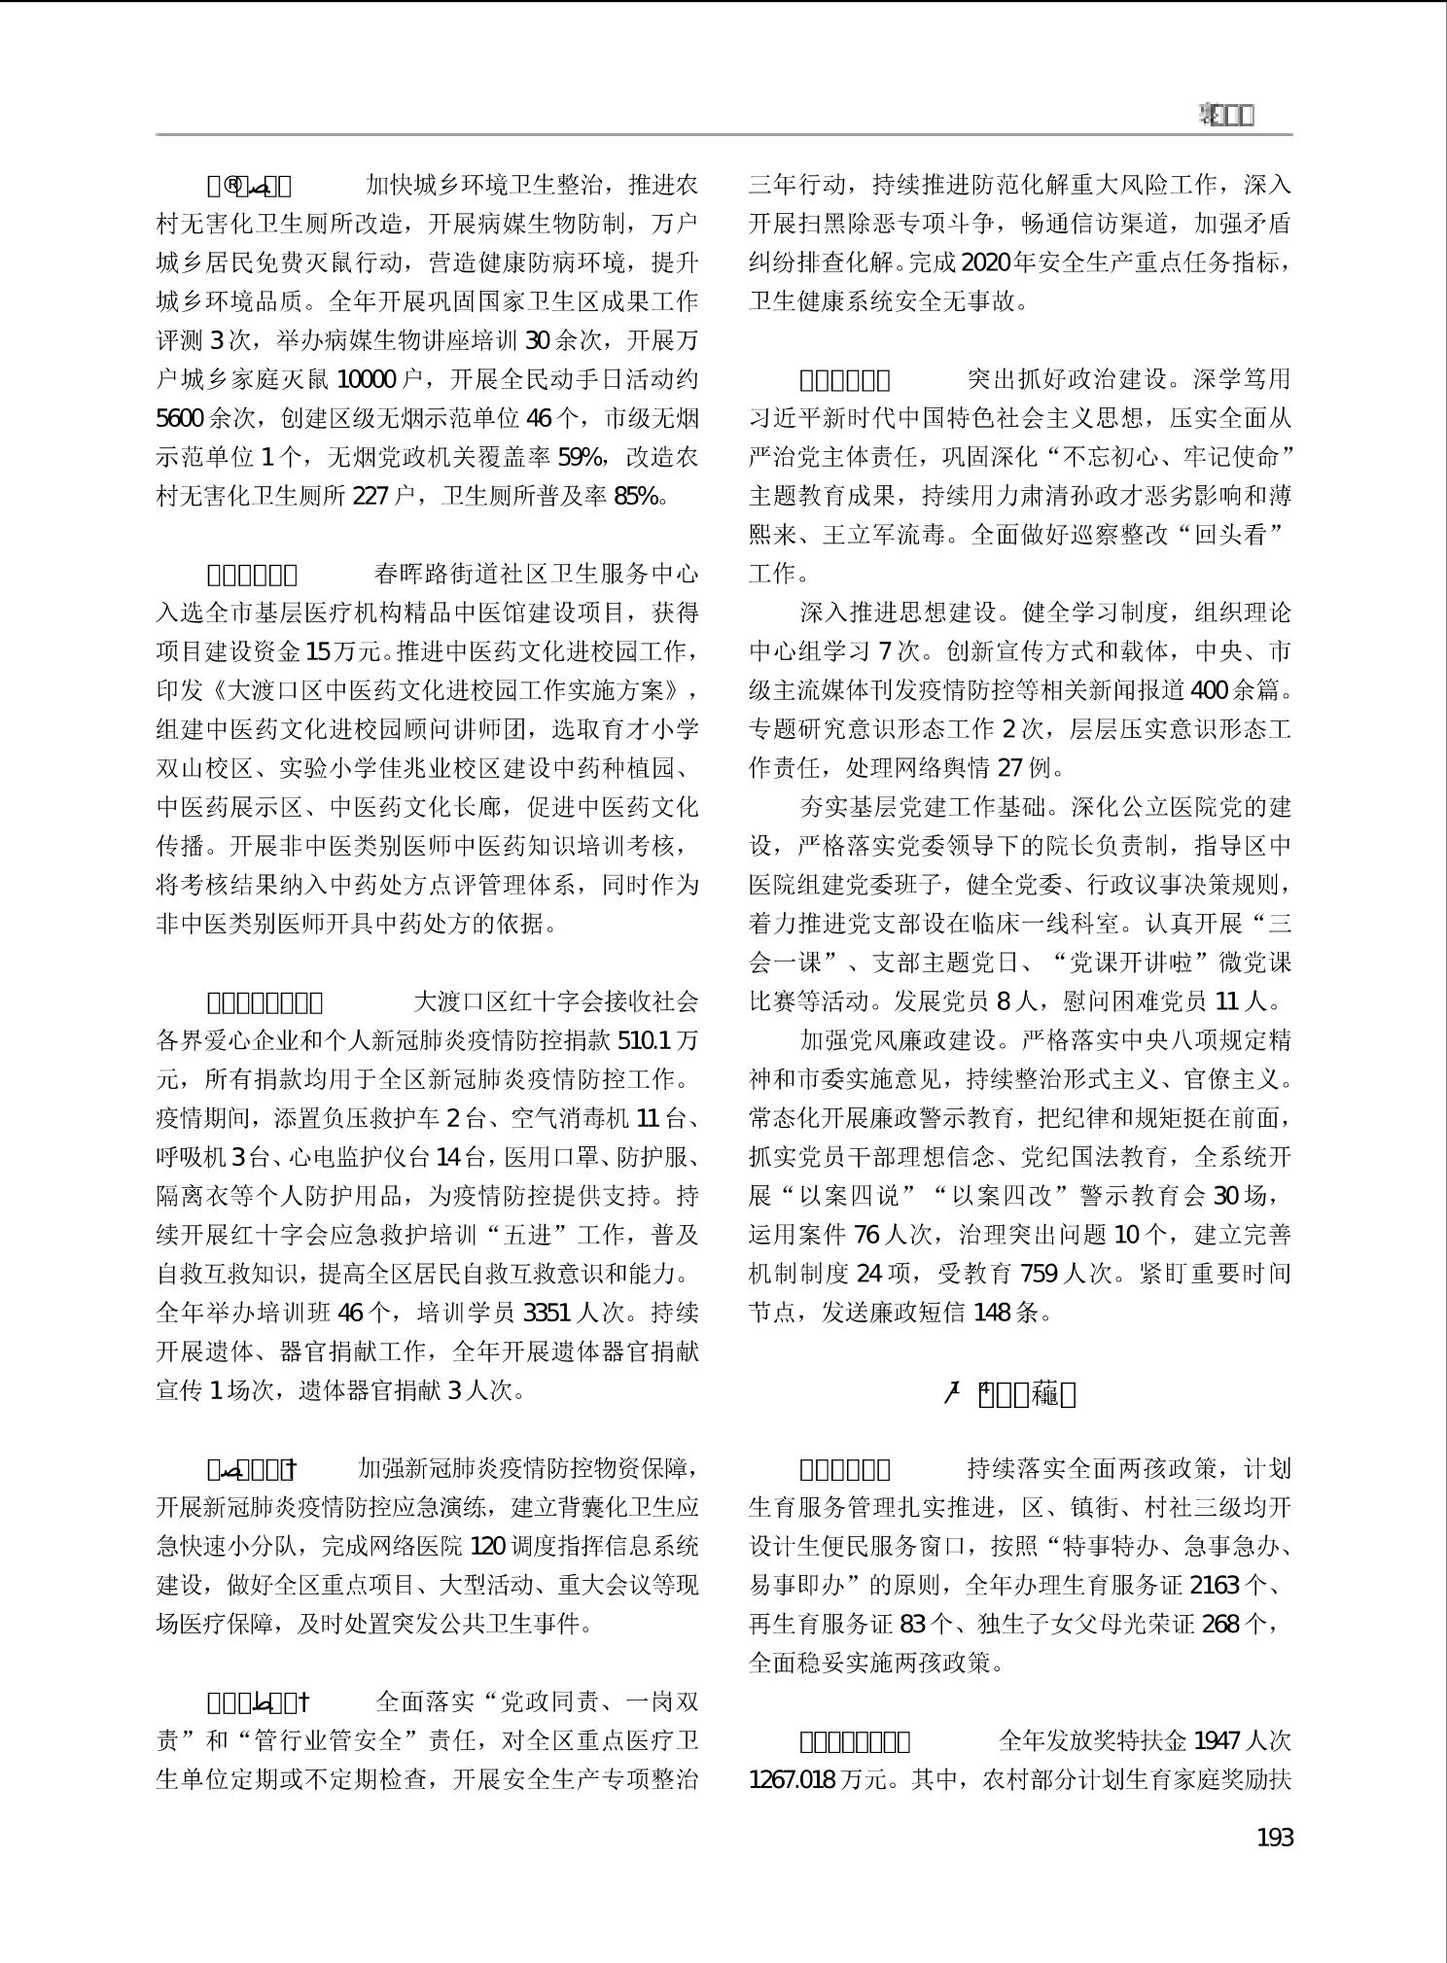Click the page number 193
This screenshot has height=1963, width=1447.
[x=1275, y=1838]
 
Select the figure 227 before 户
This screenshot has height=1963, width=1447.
[x=371, y=496]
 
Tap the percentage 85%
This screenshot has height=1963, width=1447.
[x=638, y=496]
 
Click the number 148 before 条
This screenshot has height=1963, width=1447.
[x=992, y=1313]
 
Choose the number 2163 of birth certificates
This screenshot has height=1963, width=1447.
[x=1214, y=1586]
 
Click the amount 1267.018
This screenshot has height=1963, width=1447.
[x=793, y=1780]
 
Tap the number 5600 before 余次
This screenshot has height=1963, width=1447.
[x=180, y=418]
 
